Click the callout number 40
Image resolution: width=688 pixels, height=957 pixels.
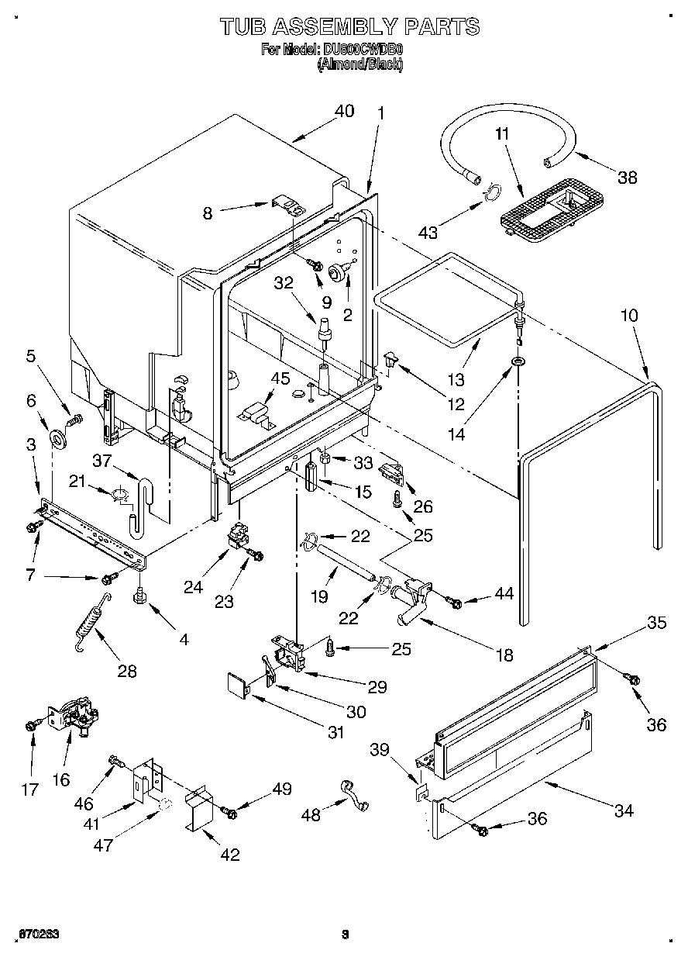[343, 112]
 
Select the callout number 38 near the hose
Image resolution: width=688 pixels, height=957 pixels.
[627, 178]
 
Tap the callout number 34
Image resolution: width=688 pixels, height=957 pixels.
[624, 810]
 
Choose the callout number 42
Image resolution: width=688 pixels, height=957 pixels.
[229, 855]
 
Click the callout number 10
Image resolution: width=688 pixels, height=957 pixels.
[630, 316]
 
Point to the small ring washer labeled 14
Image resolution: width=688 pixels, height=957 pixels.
[516, 362]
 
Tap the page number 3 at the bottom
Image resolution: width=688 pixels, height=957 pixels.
[346, 935]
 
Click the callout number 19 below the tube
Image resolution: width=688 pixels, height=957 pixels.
[319, 597]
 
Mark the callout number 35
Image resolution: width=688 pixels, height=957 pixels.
[657, 621]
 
